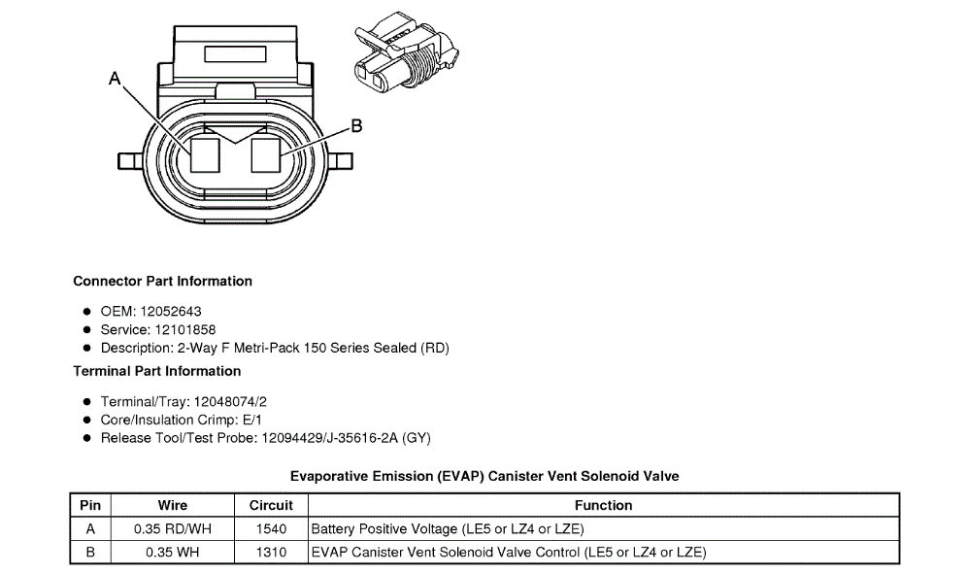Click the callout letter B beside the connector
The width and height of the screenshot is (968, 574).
click(x=356, y=125)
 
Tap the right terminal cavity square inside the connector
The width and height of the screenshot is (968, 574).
click(x=266, y=154)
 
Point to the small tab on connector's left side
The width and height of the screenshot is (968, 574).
click(x=127, y=159)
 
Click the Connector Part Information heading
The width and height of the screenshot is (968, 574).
click(x=162, y=282)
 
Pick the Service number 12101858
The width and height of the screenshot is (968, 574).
click(x=184, y=330)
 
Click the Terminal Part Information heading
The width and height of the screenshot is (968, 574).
click(x=156, y=371)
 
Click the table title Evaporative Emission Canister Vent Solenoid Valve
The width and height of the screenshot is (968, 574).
click(x=484, y=477)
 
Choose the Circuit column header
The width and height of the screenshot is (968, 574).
click(x=271, y=505)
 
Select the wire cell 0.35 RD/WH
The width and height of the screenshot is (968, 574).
click(x=173, y=529)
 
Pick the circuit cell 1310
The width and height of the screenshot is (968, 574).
click(x=271, y=553)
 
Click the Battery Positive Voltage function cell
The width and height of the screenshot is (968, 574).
click(x=447, y=529)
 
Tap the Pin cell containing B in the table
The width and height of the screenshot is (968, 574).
click(x=90, y=553)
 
